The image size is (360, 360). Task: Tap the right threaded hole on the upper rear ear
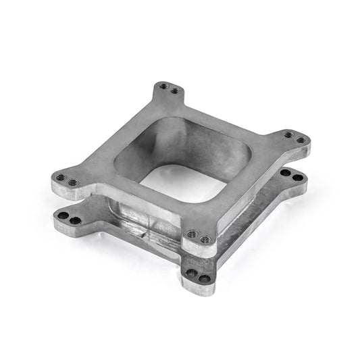(175, 91)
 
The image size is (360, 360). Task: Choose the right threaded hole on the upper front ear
(203, 237)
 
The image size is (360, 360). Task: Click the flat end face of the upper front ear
(196, 249)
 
